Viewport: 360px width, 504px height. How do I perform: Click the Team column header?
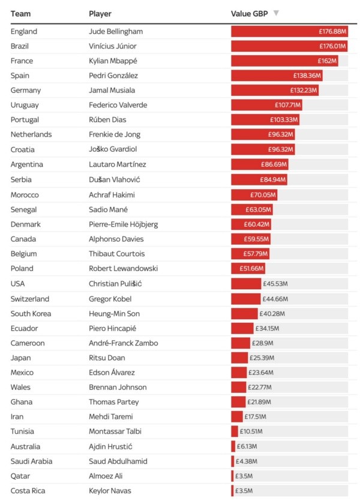pyautogui.click(x=21, y=13)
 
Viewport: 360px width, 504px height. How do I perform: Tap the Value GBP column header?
pyautogui.click(x=249, y=13)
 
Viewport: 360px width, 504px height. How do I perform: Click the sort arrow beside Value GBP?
pyautogui.click(x=275, y=13)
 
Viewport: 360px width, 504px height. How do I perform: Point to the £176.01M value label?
pyautogui.click(x=332, y=46)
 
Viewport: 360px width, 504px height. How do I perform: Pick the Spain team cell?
pyautogui.click(x=21, y=76)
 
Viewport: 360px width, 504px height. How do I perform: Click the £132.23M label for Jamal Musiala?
pyautogui.click(x=303, y=91)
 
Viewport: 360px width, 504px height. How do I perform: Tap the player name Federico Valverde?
pyautogui.click(x=118, y=105)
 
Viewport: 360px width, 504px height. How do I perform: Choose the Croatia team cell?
pyautogui.click(x=23, y=149)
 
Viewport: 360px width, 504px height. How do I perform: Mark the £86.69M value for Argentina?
pyautogui.click(x=273, y=164)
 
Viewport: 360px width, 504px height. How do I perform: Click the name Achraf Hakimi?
pyautogui.click(x=112, y=194)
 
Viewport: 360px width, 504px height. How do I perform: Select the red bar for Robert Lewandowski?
pyautogui.click(x=247, y=269)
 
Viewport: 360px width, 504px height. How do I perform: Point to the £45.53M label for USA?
pyautogui.click(x=275, y=284)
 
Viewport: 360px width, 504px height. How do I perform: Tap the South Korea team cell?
pyautogui.click(x=31, y=313)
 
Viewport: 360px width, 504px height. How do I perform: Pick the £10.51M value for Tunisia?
pyautogui.click(x=251, y=432)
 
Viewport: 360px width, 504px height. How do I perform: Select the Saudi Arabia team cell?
pyautogui.click(x=31, y=461)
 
